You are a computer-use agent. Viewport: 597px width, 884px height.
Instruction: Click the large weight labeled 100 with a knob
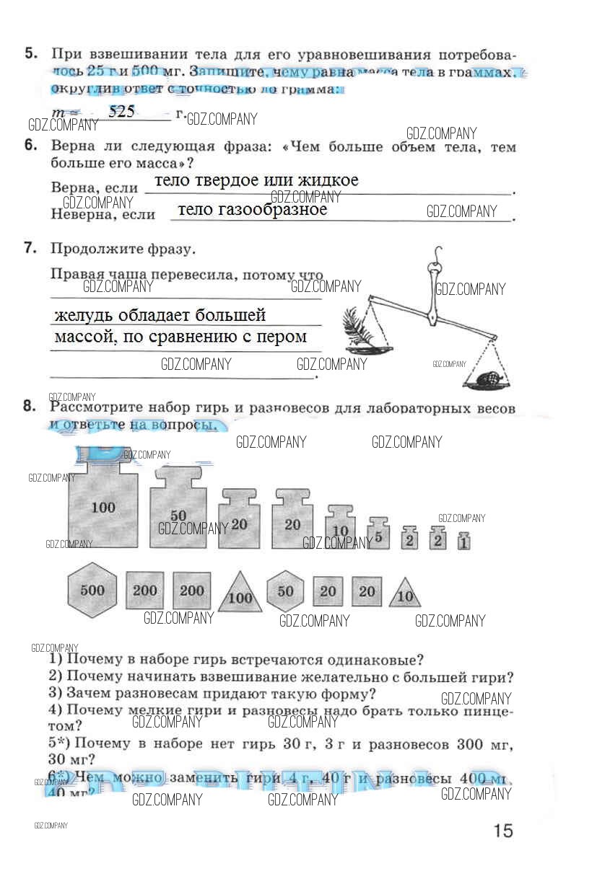pyautogui.click(x=103, y=508)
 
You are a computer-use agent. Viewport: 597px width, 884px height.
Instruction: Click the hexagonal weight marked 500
pyautogui.click(x=92, y=591)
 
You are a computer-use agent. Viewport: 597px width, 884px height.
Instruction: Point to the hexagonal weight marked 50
pyautogui.click(x=286, y=592)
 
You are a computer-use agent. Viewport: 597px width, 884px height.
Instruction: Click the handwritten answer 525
pyautogui.click(x=121, y=112)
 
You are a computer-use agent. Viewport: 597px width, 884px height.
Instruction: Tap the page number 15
pyautogui.click(x=503, y=831)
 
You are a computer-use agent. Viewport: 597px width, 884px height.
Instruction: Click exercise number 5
pyautogui.click(x=30, y=54)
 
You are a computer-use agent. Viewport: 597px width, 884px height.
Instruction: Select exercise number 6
pyautogui.click(x=30, y=145)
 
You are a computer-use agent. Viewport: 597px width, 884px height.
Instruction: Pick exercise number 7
pyautogui.click(x=30, y=249)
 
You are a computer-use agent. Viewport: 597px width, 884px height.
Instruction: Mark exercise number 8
pyautogui.click(x=30, y=406)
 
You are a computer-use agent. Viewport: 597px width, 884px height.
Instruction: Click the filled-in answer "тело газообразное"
pyautogui.click(x=252, y=210)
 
